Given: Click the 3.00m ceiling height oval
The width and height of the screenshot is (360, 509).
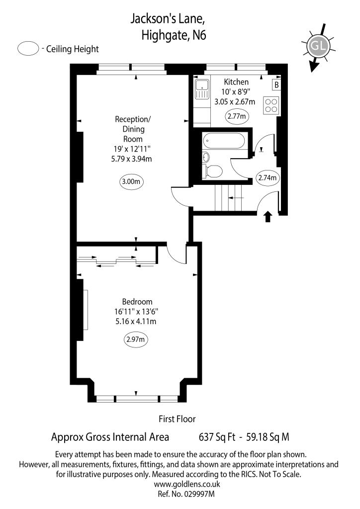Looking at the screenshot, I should tap(131, 182).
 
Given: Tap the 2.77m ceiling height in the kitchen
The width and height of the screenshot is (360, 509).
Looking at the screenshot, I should tap(237, 117).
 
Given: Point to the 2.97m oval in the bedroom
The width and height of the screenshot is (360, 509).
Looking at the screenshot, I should tap(136, 340).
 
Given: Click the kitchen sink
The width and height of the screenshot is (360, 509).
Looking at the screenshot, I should tap(202, 89).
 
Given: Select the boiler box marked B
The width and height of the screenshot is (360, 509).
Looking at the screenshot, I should tap(276, 85).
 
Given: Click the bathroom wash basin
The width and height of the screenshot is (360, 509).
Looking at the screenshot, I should tap(206, 158).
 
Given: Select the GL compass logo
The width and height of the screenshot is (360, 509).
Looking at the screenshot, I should tap(318, 46).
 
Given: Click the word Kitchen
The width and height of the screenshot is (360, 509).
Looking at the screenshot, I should tap(236, 82).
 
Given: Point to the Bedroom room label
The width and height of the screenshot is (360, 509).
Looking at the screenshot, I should tap(137, 302).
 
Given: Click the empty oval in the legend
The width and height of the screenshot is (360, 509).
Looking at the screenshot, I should tap(28, 49).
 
